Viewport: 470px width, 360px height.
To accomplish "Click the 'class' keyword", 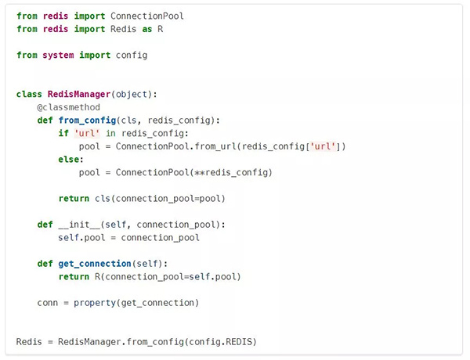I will (x=29, y=94).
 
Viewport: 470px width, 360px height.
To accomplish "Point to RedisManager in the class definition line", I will (x=79, y=94).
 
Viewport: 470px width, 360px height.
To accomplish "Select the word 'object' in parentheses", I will (x=132, y=94).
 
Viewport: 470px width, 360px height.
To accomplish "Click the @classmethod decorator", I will (x=68, y=107).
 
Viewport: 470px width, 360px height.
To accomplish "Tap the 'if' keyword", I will (x=63, y=133).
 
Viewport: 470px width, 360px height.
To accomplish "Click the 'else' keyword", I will (x=69, y=159).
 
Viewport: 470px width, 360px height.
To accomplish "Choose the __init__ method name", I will (x=85, y=225).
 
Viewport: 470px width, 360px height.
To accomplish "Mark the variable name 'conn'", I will (x=48, y=303).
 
